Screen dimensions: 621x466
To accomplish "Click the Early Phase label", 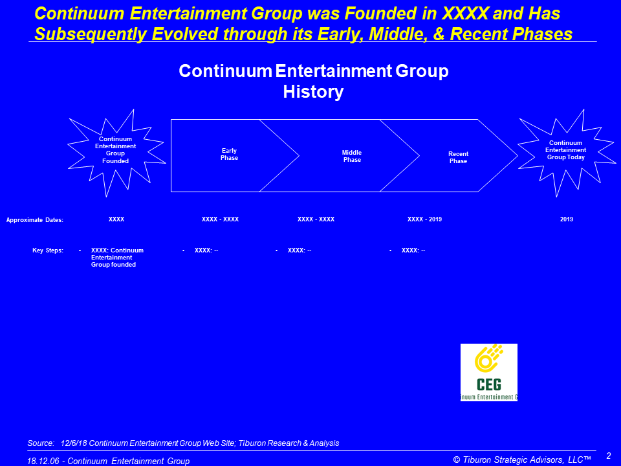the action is [x=229, y=154].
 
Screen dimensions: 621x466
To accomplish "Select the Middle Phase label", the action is [x=352, y=156].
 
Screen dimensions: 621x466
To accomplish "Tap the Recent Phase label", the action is [x=458, y=157].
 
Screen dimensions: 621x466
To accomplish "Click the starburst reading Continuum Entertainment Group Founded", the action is [x=116, y=153].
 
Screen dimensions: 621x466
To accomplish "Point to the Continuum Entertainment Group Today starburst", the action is [x=567, y=153].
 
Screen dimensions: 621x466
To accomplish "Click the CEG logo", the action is [x=489, y=373].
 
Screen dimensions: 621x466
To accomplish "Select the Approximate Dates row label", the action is [x=35, y=220].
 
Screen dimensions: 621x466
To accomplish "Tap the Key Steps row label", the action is [x=48, y=250].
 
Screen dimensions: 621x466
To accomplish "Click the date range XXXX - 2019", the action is [x=424, y=219].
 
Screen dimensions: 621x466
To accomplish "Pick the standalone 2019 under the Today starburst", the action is [x=567, y=219].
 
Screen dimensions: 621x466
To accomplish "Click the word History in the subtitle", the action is [x=313, y=92].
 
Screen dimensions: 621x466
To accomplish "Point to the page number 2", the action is [x=609, y=456].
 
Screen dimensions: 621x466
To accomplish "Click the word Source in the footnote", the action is [x=41, y=443].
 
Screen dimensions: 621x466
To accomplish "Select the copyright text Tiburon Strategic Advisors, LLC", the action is [x=523, y=460].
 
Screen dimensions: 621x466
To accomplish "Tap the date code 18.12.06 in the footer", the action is [x=43, y=461].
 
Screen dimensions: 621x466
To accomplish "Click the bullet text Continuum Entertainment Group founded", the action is [x=117, y=258].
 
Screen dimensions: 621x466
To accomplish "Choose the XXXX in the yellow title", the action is [x=465, y=14].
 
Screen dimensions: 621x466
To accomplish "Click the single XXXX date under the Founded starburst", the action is [x=116, y=219].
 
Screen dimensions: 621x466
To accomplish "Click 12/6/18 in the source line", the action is [x=74, y=443].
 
